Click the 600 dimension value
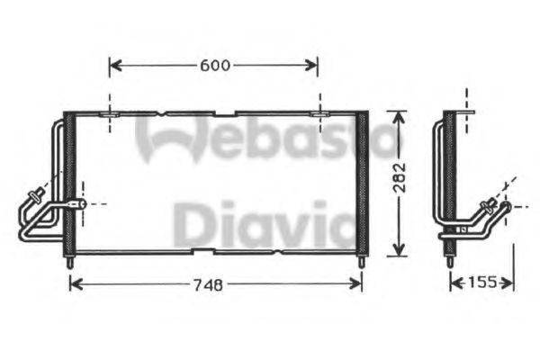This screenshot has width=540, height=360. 214,65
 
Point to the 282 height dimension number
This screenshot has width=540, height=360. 400,184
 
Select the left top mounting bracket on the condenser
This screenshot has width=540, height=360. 109,114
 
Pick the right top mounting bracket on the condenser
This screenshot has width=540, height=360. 319,114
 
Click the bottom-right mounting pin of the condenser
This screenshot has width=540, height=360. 362,261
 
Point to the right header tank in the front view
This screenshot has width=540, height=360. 362,184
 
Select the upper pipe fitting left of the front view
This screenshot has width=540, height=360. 39,192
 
